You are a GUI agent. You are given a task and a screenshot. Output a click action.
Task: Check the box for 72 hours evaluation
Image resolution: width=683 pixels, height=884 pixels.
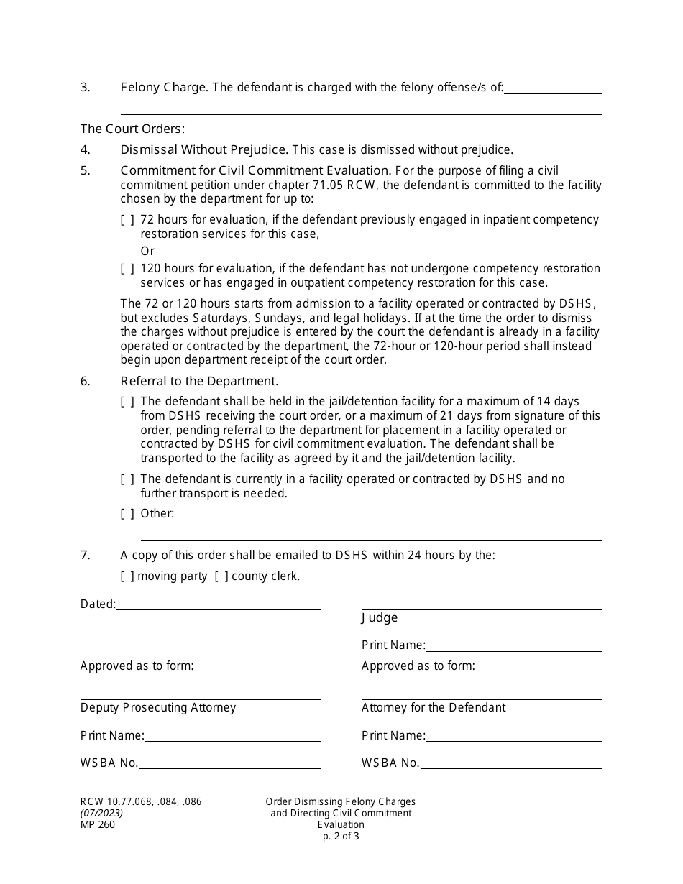(127, 220)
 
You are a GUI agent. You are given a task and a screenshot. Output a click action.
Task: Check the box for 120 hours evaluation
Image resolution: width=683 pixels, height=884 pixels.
(127, 269)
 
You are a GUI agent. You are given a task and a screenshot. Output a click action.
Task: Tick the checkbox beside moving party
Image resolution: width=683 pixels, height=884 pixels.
(127, 576)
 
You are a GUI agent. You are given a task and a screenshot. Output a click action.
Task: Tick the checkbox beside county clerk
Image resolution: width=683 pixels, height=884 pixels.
(221, 576)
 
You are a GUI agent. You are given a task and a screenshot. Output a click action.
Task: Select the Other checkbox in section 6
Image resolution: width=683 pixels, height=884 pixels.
(127, 514)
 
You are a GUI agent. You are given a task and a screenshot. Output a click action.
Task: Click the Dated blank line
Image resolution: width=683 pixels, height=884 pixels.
(219, 604)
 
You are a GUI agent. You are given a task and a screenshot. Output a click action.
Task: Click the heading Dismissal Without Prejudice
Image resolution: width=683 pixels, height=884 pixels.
(204, 150)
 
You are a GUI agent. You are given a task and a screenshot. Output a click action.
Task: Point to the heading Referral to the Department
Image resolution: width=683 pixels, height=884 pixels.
(199, 382)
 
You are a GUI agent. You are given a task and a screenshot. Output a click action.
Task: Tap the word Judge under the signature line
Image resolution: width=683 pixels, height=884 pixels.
(380, 618)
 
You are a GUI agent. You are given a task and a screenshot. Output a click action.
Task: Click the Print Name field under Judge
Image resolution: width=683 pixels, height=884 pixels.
(514, 645)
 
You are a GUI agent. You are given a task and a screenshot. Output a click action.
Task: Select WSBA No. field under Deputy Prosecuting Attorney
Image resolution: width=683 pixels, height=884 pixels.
(230, 763)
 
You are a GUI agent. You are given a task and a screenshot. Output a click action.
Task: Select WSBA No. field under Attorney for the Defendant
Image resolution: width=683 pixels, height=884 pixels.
(511, 763)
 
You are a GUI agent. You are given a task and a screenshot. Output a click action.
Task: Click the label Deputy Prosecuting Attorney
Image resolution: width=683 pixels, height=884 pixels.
(158, 708)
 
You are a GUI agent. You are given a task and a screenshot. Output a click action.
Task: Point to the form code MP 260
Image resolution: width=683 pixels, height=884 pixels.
(98, 824)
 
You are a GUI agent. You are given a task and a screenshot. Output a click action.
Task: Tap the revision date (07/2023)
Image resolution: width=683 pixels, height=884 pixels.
(101, 813)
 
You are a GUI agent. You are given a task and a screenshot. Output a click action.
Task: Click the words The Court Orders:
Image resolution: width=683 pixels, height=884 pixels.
(133, 129)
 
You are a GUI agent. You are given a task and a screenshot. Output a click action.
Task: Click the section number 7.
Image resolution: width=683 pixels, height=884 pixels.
(85, 556)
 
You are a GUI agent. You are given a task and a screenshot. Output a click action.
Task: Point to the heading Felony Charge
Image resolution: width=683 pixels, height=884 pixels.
(164, 88)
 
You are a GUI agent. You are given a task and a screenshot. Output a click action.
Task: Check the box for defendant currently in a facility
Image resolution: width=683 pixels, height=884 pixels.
(127, 479)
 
